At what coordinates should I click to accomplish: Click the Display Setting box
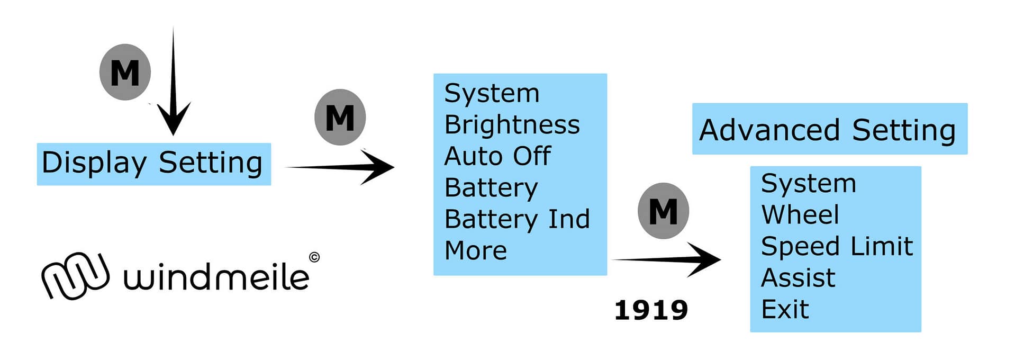coord(153,164)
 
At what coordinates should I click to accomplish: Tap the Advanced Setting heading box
coord(829,129)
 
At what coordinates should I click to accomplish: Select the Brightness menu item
coord(512,125)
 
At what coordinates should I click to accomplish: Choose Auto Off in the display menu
coord(497,156)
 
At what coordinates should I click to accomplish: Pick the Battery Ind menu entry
coord(517,219)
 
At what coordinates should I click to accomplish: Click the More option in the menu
coord(476,250)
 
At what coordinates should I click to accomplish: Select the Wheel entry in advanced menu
coord(800,215)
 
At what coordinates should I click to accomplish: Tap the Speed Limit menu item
coord(837,246)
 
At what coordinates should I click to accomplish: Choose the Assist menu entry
coord(798,278)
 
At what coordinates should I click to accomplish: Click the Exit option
coord(785,309)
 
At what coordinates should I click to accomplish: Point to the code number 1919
coord(651,310)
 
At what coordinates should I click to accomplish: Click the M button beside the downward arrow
coord(125,72)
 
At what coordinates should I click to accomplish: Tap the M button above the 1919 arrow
coord(663,211)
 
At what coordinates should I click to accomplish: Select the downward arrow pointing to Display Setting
coord(173,85)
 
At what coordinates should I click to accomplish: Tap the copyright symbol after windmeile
coord(314,257)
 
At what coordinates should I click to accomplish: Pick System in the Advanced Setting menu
coord(808,184)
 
